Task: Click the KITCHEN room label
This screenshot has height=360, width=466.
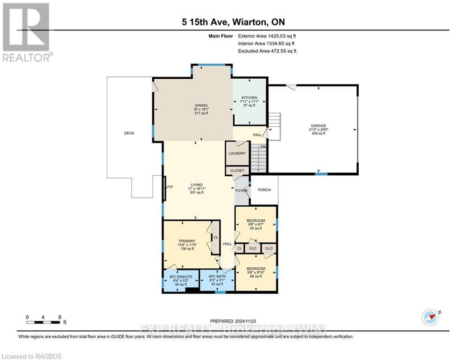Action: (250, 97)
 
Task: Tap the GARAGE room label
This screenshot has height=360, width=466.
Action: (318, 126)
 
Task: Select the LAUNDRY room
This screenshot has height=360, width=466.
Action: (237, 153)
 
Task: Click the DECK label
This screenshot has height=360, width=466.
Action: (129, 133)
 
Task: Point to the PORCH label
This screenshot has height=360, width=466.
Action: (265, 190)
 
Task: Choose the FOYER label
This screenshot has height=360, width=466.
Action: (241, 190)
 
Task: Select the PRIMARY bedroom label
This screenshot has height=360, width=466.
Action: (186, 241)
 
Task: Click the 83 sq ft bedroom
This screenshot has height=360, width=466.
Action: (256, 221)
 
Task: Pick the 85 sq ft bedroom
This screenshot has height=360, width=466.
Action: (256, 269)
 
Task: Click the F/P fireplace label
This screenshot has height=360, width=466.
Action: (170, 187)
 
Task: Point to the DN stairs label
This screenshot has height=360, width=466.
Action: (263, 147)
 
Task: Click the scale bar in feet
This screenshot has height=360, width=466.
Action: (45, 322)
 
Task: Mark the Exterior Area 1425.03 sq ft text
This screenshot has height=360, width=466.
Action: (267, 36)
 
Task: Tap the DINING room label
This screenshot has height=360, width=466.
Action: (201, 105)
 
